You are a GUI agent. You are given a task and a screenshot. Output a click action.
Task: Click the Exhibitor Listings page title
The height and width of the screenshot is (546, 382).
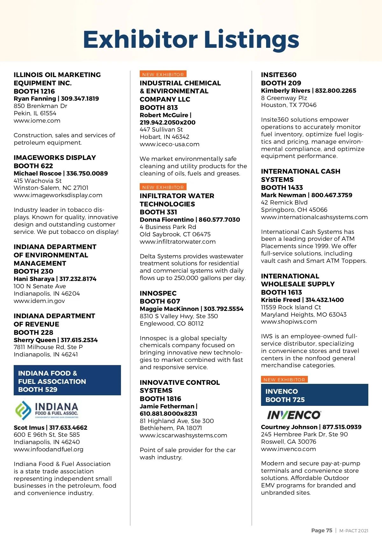click(191, 39)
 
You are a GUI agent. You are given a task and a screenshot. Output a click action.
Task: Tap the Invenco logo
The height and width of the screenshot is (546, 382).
click(294, 415)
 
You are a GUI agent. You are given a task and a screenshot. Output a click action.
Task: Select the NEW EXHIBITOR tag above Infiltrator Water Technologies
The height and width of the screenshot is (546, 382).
click(163, 187)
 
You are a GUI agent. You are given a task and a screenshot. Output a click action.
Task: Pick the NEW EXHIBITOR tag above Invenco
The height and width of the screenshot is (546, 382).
click(284, 379)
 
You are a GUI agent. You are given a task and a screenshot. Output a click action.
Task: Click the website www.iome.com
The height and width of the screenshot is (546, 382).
click(37, 121)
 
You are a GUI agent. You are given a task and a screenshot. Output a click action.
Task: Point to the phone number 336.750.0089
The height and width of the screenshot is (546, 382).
click(87, 173)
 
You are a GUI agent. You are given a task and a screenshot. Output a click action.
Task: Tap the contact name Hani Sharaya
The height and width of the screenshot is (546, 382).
click(34, 279)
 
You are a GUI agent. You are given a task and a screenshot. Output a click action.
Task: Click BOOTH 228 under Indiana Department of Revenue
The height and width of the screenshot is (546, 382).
click(33, 332)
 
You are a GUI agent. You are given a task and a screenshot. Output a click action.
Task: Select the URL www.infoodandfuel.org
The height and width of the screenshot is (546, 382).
click(48, 449)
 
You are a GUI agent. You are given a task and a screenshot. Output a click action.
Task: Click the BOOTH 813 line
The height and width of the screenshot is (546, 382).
click(159, 107)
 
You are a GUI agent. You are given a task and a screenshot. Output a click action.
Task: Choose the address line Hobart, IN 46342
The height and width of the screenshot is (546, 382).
click(165, 137)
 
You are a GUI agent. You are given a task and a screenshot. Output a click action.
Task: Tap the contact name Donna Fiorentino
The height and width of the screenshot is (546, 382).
click(166, 219)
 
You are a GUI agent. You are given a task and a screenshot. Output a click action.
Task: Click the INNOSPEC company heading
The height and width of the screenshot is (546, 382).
click(158, 293)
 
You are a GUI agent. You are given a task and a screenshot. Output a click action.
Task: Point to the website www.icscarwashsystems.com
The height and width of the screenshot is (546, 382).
click(183, 435)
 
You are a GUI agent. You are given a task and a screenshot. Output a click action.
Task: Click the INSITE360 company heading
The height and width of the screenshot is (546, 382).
click(279, 75)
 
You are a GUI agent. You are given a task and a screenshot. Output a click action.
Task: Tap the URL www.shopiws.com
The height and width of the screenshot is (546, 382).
click(289, 321)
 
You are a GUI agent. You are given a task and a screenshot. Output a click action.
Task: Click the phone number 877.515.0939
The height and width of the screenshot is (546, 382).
click(342, 427)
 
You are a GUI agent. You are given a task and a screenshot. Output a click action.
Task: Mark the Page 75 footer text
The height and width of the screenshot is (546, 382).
click(322, 530)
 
